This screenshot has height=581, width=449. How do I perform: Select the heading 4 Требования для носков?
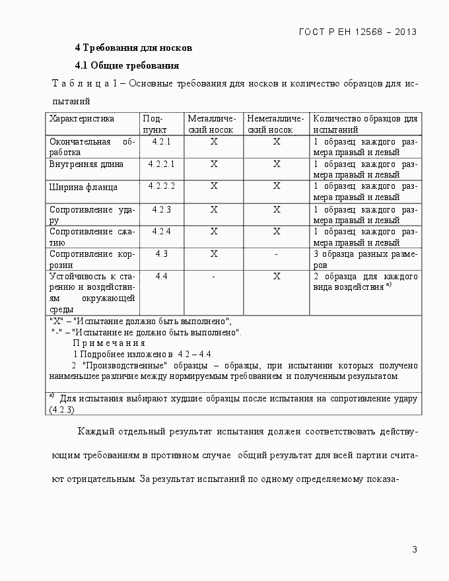[x=133, y=48]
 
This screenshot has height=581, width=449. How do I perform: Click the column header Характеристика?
[x=82, y=119]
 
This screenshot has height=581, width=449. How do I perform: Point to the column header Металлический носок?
[x=212, y=124]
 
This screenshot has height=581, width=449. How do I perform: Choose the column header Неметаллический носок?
[x=276, y=124]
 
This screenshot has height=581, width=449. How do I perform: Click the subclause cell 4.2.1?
[x=161, y=142]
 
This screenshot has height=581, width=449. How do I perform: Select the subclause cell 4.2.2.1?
[x=161, y=163]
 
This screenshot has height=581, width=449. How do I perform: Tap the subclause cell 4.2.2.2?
[x=161, y=186]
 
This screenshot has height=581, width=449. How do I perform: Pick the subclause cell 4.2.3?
[x=161, y=209]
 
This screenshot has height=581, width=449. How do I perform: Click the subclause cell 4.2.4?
[x=161, y=231]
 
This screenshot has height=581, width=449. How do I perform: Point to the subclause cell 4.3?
[x=161, y=254]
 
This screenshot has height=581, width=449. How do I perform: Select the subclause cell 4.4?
[x=161, y=276]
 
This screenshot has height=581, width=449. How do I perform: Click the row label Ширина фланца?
[x=83, y=187]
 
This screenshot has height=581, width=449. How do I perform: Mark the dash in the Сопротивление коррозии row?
[x=277, y=254]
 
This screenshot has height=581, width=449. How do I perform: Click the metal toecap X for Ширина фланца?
[x=213, y=186]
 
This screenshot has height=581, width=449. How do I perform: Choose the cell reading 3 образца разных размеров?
[x=365, y=259]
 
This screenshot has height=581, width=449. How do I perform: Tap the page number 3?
[x=414, y=549]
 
